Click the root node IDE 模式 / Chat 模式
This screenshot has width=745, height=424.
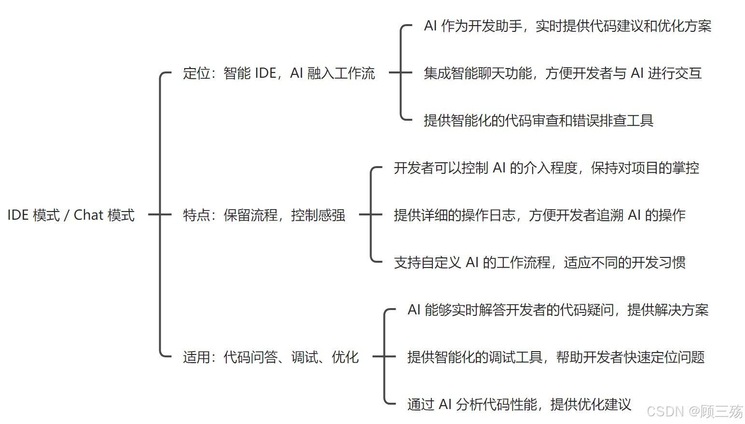tap(71, 215)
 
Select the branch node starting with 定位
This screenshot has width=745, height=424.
tap(278, 73)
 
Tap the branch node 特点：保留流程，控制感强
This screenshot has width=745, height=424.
tap(264, 215)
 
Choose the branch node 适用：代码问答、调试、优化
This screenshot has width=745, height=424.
tap(271, 357)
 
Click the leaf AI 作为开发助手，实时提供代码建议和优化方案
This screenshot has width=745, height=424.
tap(567, 26)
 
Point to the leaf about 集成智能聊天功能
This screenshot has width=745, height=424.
tap(562, 73)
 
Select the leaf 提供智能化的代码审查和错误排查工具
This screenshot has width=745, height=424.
tap(538, 121)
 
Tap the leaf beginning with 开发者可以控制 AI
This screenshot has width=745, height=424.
tap(546, 168)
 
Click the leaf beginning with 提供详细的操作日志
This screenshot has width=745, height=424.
tap(539, 215)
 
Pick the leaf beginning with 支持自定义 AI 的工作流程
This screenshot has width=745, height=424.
tap(539, 263)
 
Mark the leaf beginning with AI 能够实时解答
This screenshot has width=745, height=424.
tap(558, 310)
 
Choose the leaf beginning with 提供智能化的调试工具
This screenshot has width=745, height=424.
tap(556, 357)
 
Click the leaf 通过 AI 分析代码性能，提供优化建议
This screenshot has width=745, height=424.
tap(519, 405)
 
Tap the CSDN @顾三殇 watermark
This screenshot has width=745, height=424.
tap(694, 411)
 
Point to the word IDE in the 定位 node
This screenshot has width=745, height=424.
tap(265, 73)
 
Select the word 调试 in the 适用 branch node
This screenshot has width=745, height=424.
tap(304, 357)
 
